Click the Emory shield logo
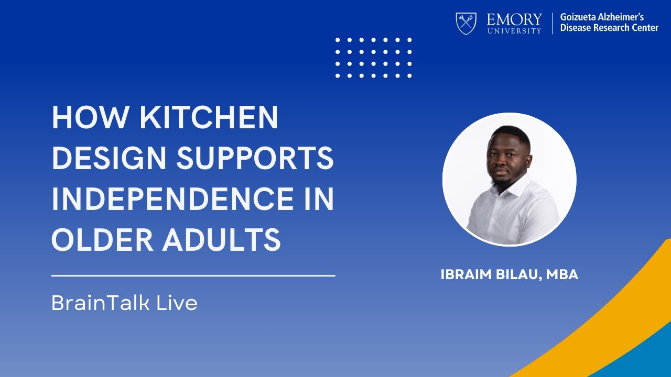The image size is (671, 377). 466,24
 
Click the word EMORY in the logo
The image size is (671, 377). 514,20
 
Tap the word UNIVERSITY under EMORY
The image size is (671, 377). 514,31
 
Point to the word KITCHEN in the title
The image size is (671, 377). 208,118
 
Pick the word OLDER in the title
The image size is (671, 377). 102,239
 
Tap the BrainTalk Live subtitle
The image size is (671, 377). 124,303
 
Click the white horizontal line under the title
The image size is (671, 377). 193,275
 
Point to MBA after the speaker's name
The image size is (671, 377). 562,275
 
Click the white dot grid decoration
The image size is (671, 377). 373,58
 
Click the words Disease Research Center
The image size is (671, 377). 609,28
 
